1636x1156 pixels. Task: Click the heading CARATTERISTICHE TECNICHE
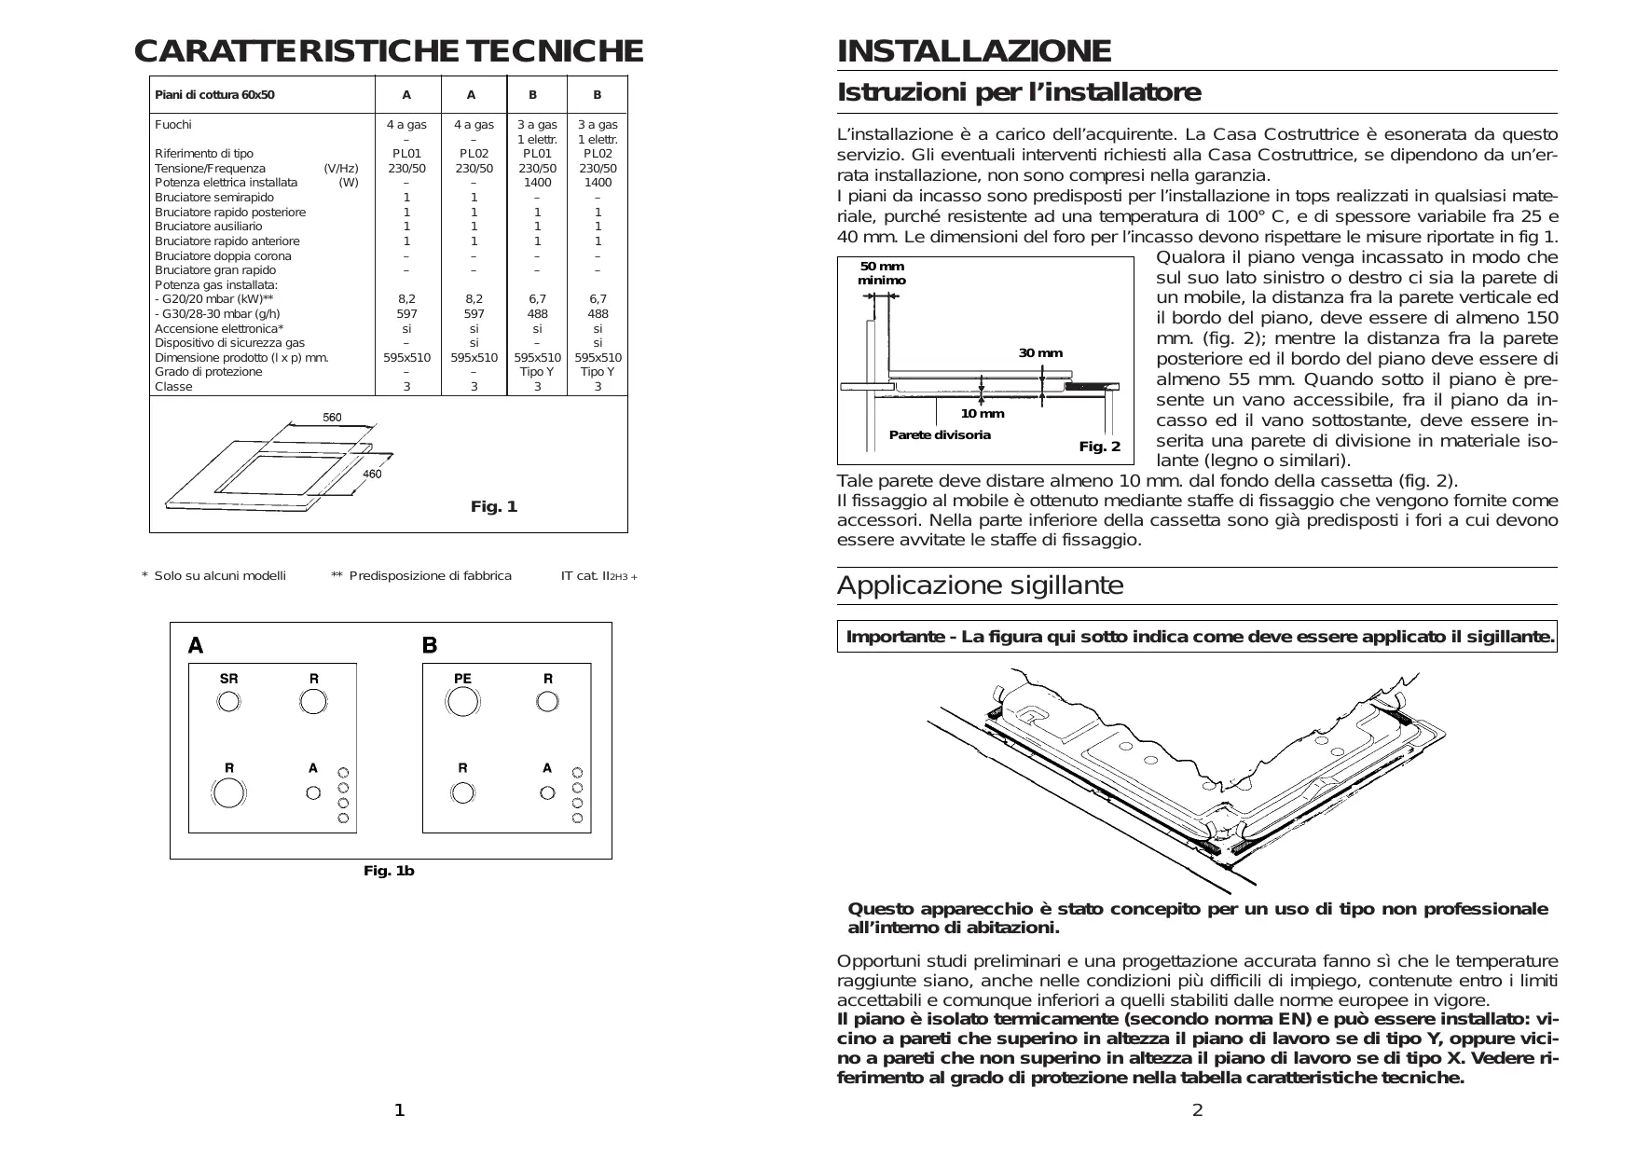[x=388, y=51]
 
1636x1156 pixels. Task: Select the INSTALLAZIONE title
[x=973, y=51]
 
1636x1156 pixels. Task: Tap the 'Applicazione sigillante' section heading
[x=980, y=585]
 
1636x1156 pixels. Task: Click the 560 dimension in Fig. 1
[x=332, y=417]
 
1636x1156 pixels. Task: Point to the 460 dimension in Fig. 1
[x=371, y=475]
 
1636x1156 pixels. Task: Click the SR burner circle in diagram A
[x=228, y=701]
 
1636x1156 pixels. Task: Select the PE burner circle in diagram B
[x=462, y=701]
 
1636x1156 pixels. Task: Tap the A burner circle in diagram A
[x=313, y=792]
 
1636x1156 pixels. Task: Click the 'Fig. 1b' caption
[x=389, y=871]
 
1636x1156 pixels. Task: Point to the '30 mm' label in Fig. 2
[x=1039, y=353]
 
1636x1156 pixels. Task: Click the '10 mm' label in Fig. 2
[x=983, y=414]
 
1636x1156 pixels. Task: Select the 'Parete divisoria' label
[x=939, y=435]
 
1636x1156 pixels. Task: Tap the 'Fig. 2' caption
[x=1099, y=447]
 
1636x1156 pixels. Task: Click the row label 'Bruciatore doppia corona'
[x=223, y=255]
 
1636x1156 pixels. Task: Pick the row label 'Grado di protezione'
[x=208, y=372]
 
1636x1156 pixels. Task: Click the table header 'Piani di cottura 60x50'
[x=214, y=95]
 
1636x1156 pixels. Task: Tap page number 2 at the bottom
[x=1198, y=1109]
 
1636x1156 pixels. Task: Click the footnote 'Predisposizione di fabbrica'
[x=430, y=576]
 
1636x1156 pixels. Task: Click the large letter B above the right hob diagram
[x=430, y=645]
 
